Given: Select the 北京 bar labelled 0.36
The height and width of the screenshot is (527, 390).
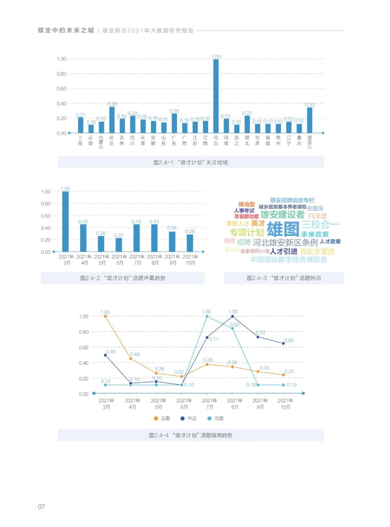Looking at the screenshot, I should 112,120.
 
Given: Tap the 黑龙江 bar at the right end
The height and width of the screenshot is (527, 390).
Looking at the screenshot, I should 309,120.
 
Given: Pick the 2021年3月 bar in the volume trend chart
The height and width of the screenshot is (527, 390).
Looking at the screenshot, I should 65,221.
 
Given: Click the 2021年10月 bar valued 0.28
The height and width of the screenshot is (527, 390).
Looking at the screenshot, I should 190,243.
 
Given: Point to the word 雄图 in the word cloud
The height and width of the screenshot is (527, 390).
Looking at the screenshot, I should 283,229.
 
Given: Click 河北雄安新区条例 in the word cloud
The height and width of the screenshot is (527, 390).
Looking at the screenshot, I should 285,242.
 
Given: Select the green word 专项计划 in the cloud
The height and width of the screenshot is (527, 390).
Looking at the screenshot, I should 247,232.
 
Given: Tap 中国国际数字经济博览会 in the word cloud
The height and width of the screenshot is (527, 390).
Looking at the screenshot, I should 289,259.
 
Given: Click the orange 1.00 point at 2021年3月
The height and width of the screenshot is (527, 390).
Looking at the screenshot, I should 105,316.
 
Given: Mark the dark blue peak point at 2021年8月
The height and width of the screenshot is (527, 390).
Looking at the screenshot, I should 233,316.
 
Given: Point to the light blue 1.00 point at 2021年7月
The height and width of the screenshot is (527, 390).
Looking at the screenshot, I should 207,316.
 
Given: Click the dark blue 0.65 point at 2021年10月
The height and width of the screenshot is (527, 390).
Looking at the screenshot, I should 283,344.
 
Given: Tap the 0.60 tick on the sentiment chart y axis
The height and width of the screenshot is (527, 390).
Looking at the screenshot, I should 83,347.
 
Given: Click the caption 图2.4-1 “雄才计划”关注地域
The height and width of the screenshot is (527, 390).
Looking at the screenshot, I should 191,163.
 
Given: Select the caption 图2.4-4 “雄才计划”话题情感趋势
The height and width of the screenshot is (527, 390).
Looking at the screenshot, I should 191,435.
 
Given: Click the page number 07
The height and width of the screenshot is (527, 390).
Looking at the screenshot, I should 42,507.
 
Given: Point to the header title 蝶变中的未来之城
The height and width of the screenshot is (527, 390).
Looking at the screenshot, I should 66,31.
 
